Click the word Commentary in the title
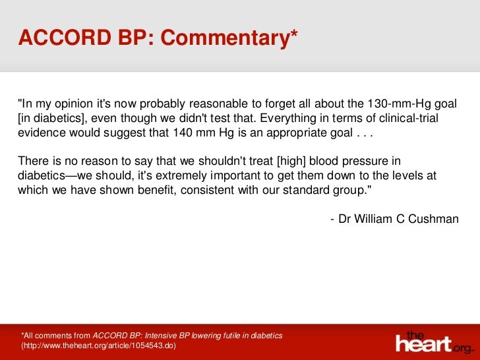(228, 39)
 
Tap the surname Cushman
(433, 218)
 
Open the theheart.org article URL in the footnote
(99, 345)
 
